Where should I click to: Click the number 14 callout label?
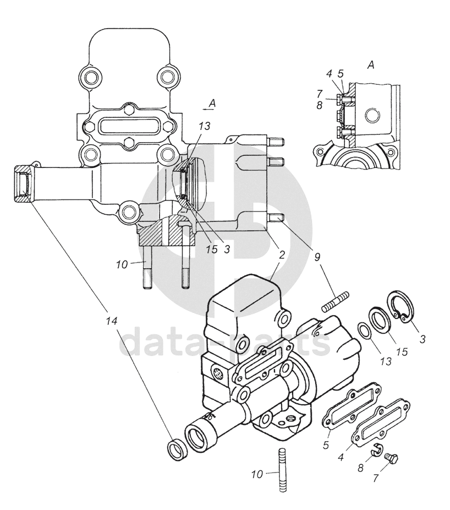(x=111, y=321)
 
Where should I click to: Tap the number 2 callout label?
(x=282, y=254)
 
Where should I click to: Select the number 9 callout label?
(x=317, y=257)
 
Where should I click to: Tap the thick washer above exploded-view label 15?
(x=380, y=321)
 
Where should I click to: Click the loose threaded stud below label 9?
(x=336, y=301)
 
